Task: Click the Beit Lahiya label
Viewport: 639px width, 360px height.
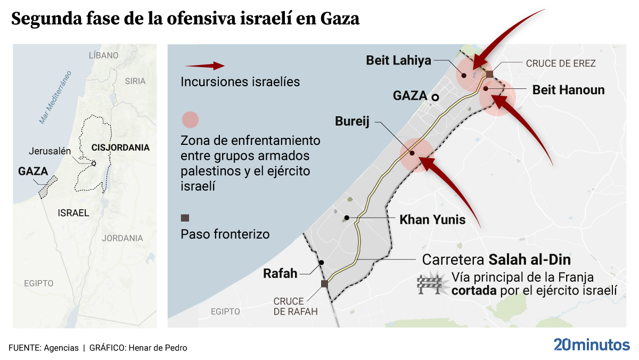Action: tap(398, 60)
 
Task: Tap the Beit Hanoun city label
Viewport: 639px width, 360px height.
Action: tap(568, 90)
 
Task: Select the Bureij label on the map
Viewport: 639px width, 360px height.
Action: tap(353, 121)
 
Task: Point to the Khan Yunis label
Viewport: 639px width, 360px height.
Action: tap(432, 219)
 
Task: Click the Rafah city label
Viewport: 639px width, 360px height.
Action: tap(280, 274)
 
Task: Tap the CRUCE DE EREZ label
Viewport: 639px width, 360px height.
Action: tap(561, 63)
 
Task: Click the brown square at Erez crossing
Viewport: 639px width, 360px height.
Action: tap(489, 74)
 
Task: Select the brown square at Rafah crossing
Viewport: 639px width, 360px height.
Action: tap(324, 284)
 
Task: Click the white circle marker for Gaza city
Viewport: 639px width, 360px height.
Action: tap(435, 97)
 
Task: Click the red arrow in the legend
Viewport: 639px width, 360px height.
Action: tap(204, 66)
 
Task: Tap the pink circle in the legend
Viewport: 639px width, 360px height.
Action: tap(190, 120)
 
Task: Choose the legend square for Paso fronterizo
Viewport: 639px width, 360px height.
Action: tap(185, 217)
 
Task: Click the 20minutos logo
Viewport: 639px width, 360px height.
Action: tap(591, 344)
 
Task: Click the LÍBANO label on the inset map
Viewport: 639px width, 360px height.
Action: tap(103, 55)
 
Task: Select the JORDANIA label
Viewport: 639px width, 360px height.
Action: tap(122, 238)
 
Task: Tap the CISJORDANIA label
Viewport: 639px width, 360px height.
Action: tap(120, 147)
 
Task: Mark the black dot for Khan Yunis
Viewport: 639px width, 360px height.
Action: tap(347, 217)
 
